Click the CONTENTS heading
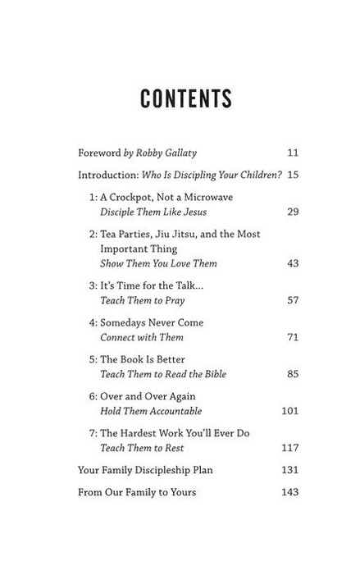point(186,98)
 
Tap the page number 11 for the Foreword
point(293,153)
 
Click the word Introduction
point(103,175)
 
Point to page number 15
point(293,175)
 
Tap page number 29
point(293,212)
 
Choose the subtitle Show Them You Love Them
point(158,263)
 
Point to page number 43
point(293,263)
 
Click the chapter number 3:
point(93,285)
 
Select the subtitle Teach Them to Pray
point(142,300)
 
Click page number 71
point(293,337)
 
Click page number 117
point(290,448)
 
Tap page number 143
point(290,492)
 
